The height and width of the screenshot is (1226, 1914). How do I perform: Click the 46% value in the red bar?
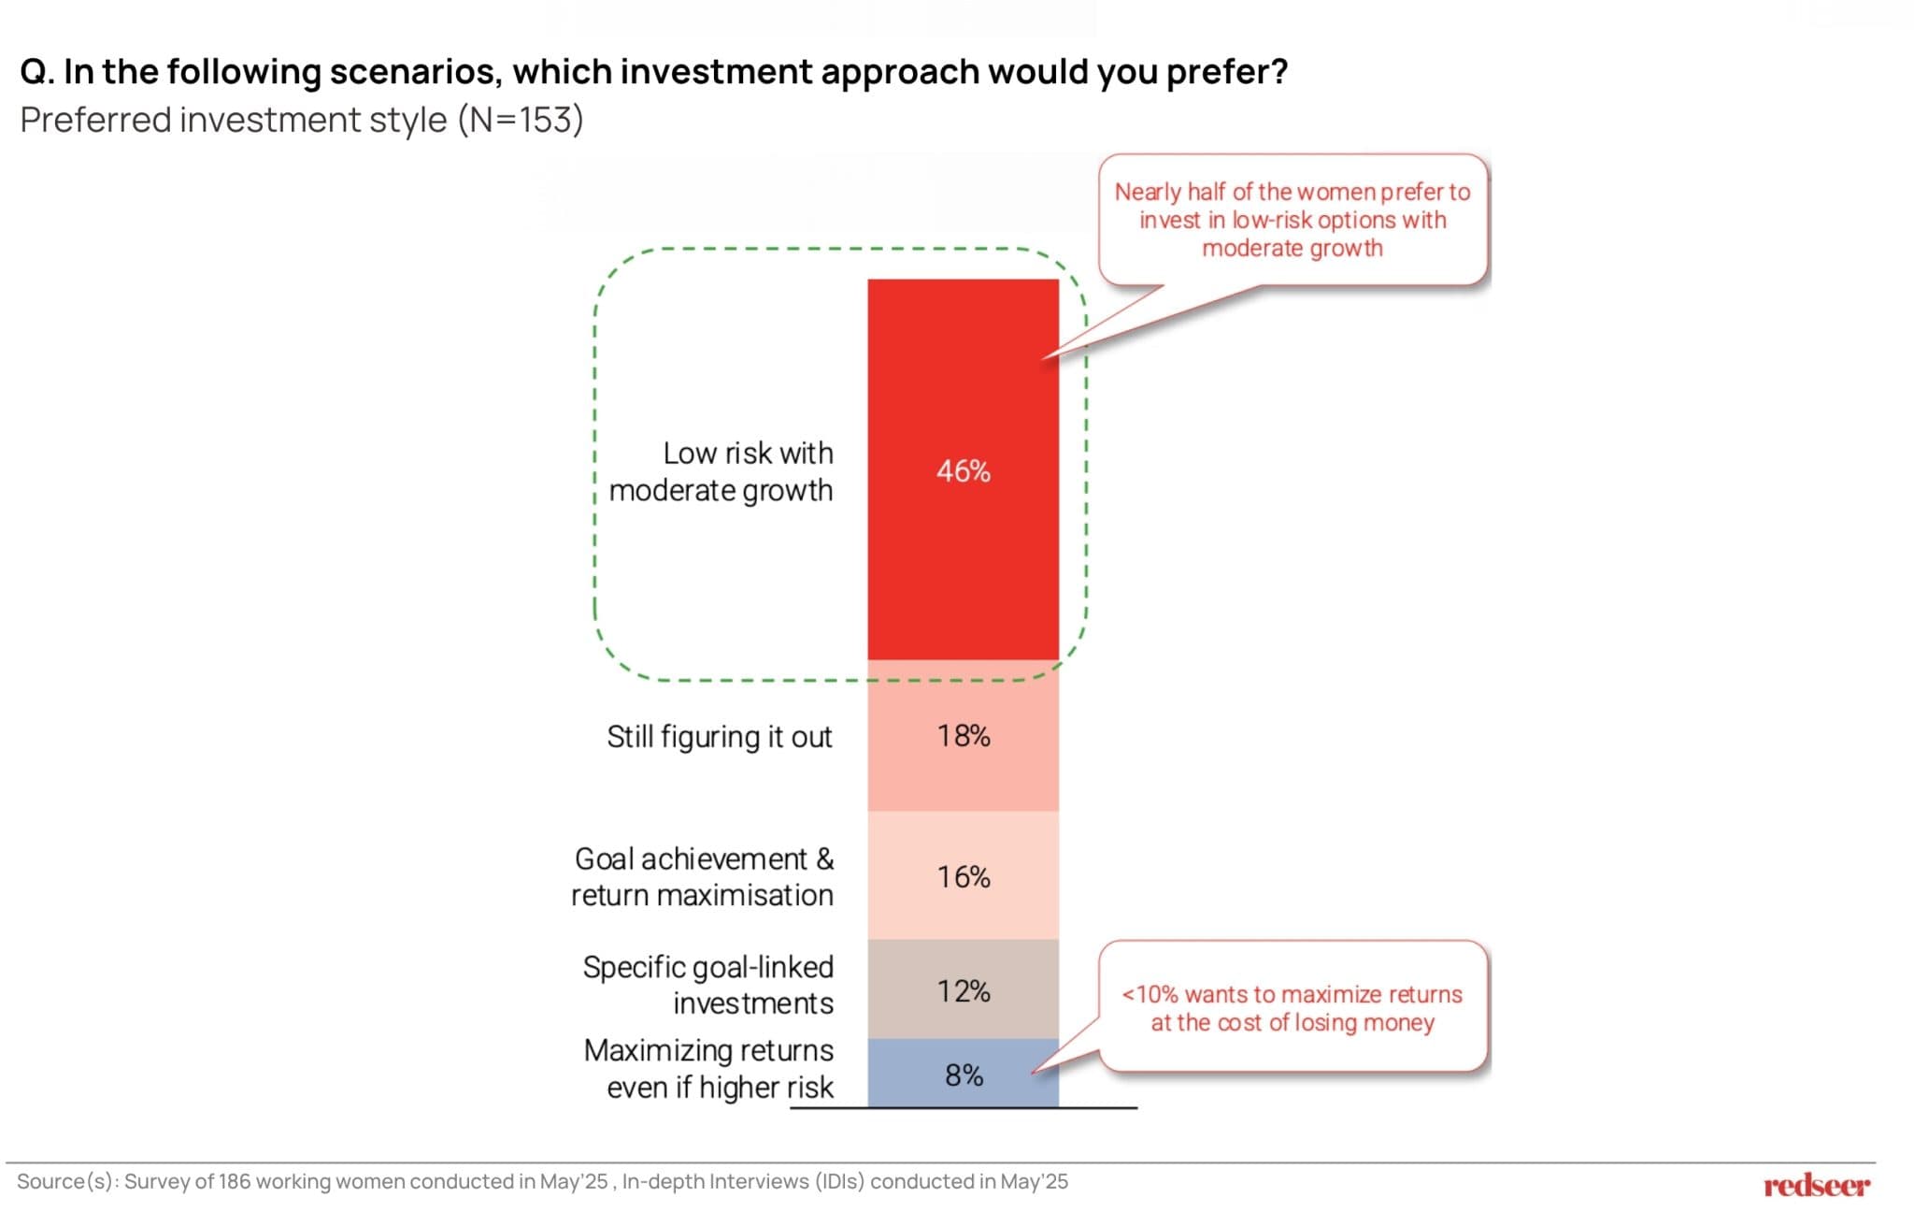tap(963, 470)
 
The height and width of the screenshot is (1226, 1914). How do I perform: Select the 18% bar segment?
tap(963, 736)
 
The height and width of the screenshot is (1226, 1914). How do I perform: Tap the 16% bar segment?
tap(963, 876)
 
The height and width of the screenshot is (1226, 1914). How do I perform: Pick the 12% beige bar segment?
tap(963, 990)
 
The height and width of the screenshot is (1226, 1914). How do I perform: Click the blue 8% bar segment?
tap(963, 1075)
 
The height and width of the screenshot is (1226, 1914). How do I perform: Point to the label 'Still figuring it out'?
tap(719, 737)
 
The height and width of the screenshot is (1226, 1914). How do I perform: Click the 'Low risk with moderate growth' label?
tap(721, 471)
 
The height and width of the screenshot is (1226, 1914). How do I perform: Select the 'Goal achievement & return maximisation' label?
tap(703, 877)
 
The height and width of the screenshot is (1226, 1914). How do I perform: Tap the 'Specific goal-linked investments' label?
tap(708, 985)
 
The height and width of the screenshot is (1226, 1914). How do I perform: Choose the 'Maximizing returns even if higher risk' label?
tap(709, 1069)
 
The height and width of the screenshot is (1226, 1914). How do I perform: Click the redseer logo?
tap(1816, 1186)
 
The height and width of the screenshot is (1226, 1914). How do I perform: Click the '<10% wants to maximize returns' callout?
tap(1292, 1008)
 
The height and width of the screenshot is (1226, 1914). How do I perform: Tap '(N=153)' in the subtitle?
tap(521, 121)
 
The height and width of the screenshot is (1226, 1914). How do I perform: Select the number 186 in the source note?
tap(235, 1182)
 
